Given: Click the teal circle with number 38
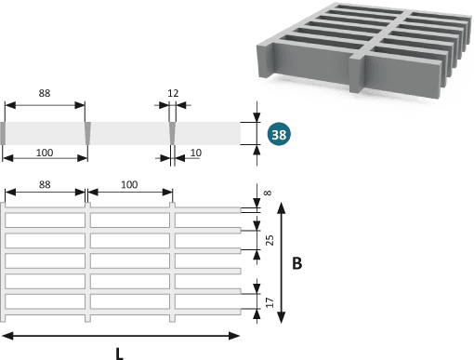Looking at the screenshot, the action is click(279, 134).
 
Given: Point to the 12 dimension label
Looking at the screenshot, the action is click(173, 93).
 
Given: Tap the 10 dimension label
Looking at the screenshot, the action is click(196, 153).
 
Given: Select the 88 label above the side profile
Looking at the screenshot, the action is click(45, 93).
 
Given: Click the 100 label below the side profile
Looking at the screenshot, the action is click(45, 153).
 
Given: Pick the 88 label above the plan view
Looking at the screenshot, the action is click(45, 184).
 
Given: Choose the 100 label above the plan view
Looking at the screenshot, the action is click(129, 184).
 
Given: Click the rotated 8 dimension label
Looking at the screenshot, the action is click(268, 193).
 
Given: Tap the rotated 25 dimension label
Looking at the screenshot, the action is click(270, 240).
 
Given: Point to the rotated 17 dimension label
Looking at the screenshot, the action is click(270, 302).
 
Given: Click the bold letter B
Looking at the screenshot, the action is click(296, 263).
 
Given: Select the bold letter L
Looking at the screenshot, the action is click(120, 353).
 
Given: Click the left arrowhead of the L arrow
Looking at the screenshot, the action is click(7, 336).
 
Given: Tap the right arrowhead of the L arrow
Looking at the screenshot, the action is click(234, 336).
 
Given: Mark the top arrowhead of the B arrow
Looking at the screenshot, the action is click(281, 207).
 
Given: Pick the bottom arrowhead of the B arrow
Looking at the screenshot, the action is click(281, 318).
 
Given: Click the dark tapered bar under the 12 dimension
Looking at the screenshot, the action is click(173, 133).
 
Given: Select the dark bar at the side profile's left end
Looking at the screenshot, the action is click(3, 133).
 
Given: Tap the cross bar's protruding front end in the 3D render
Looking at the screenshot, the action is click(357, 74).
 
